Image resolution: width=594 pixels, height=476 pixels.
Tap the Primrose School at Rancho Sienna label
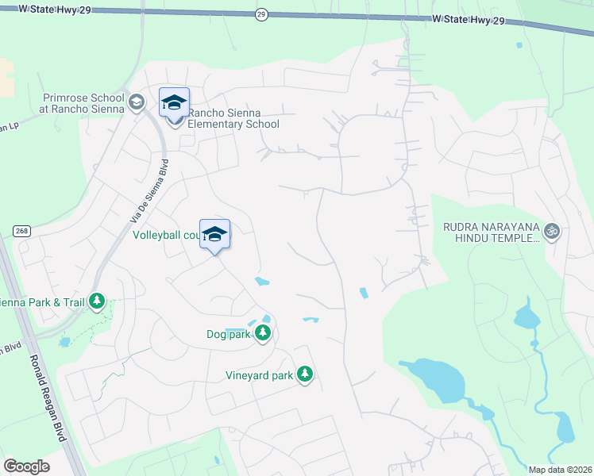click(83, 103)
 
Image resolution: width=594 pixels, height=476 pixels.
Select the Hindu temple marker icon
click(553, 232)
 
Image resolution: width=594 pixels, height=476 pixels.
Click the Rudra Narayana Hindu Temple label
click(491, 232)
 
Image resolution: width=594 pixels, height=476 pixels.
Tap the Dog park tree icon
click(264, 335)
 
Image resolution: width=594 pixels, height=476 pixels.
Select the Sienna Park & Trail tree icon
click(97, 301)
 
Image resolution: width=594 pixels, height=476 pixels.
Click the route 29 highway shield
click(261, 15)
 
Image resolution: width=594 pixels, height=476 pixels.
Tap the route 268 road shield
click(21, 231)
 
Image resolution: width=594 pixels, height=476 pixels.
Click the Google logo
click(26, 466)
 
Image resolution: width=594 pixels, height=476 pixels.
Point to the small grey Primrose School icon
click(137, 102)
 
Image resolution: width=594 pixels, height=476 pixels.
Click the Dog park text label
click(228, 335)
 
